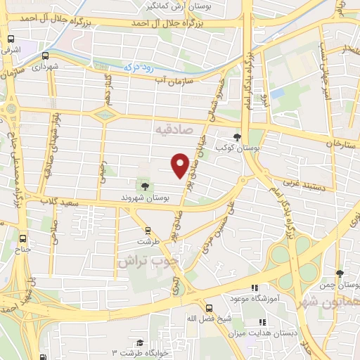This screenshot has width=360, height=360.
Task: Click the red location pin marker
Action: pyautogui.click(x=181, y=165)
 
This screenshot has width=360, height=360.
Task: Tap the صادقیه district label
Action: pyautogui.click(x=169, y=130)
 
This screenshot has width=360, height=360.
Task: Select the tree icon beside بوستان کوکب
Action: pyautogui.click(x=237, y=137)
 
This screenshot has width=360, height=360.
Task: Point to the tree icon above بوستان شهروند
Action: pyautogui.click(x=144, y=186)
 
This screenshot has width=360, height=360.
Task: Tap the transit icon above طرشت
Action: pyautogui.click(x=148, y=229)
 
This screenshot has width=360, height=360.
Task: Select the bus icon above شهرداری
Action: pyautogui.click(x=45, y=56)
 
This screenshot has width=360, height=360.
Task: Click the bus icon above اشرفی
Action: pyautogui.click(x=11, y=39)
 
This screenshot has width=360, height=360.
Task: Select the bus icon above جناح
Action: pyautogui.click(x=22, y=238)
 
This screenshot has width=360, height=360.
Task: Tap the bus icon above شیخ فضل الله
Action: pyautogui.click(x=208, y=307)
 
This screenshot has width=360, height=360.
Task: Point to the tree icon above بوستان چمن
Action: pyautogui.click(x=340, y=274)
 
